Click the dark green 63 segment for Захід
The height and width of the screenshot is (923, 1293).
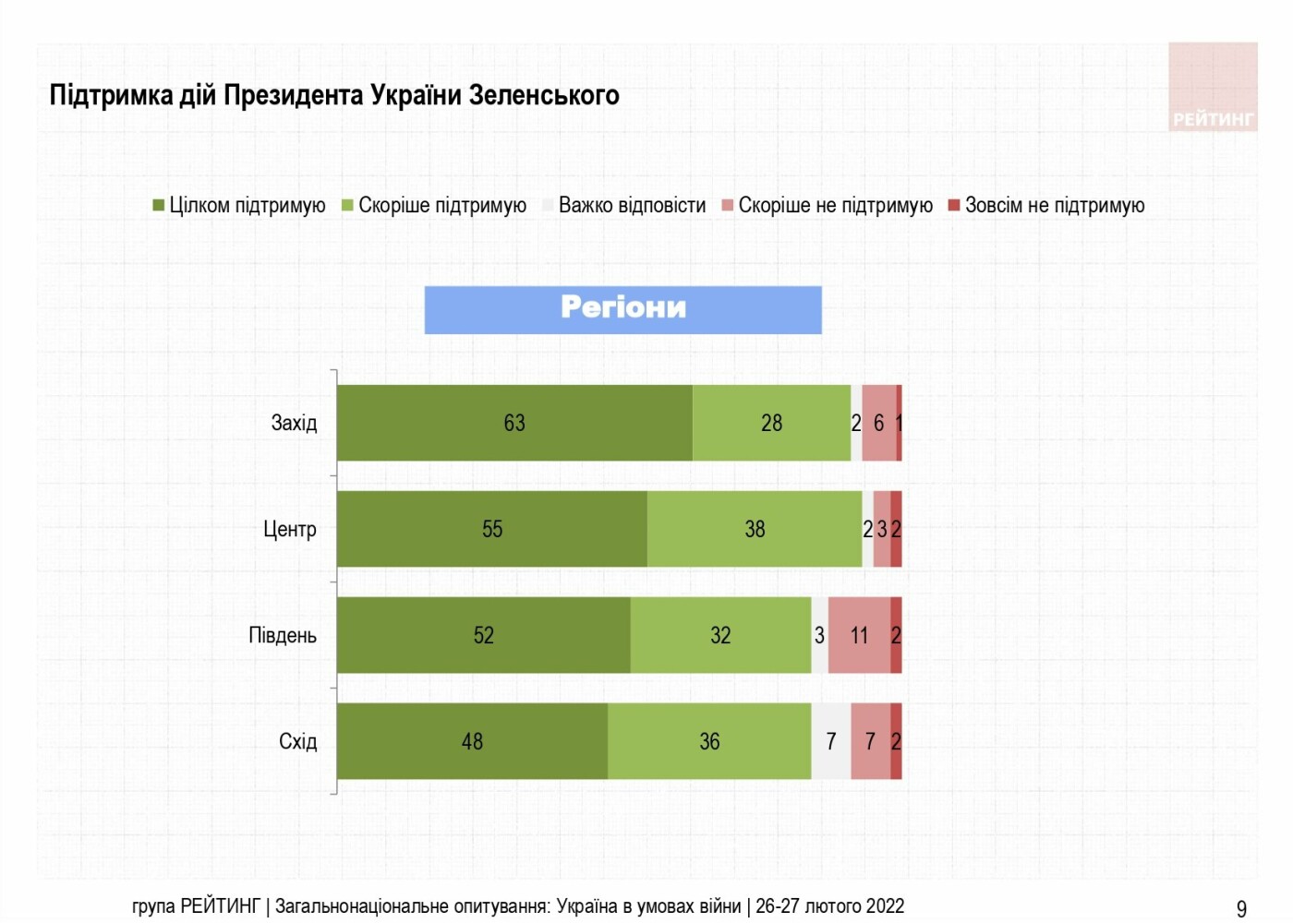pos(514,423)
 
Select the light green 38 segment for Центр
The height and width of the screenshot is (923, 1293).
pos(755,529)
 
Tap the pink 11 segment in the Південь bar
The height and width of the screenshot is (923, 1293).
pos(859,635)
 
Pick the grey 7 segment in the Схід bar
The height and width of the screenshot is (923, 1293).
pos(831,741)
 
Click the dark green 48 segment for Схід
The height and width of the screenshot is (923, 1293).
pos(472,741)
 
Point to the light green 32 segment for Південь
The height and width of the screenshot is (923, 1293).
pos(721,635)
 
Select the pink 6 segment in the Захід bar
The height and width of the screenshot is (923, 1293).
pos(879,423)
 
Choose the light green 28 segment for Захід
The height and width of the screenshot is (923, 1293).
pos(772,423)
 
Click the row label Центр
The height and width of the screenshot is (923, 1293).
pos(290,530)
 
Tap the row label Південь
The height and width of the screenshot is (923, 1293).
pos(283,636)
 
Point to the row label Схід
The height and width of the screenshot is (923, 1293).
pos(297,741)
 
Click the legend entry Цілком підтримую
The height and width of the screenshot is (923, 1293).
pos(239,205)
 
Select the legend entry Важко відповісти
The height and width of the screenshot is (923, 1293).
pos(624,205)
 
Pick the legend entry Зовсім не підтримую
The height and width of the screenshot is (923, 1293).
pos(1046,205)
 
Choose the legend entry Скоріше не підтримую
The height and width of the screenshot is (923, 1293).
pos(828,205)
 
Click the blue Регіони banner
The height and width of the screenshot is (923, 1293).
pos(622,310)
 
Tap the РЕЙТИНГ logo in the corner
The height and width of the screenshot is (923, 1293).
pos(1213,87)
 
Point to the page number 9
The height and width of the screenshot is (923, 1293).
pos(1241,909)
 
